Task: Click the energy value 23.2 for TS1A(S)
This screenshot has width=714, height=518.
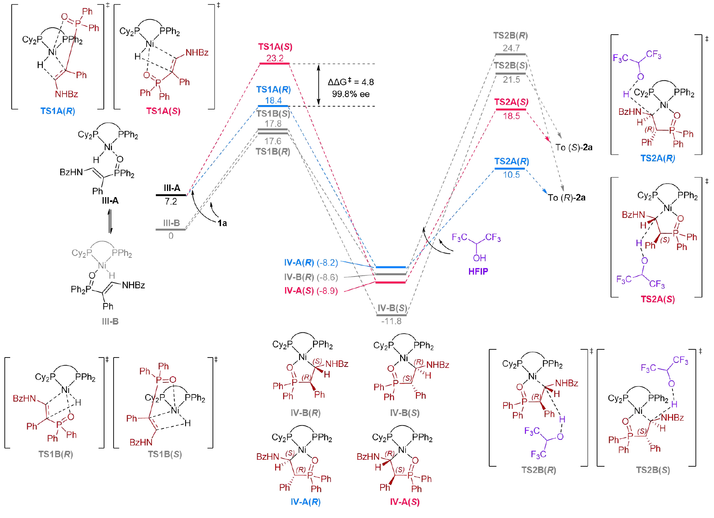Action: (x=275, y=58)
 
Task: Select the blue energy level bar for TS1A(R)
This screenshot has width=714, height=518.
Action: (x=273, y=106)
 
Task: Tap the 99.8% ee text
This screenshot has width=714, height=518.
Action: (x=350, y=94)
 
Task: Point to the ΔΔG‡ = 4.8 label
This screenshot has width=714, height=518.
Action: (x=350, y=82)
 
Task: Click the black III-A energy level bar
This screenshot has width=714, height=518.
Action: (x=171, y=195)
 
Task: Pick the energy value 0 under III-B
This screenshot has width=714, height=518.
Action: (x=171, y=236)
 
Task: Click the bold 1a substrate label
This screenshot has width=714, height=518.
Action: (x=222, y=223)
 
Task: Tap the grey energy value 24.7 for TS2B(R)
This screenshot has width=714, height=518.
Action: (x=511, y=48)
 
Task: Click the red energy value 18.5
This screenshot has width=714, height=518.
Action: (x=511, y=116)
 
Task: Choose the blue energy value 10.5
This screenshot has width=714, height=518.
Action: (x=511, y=175)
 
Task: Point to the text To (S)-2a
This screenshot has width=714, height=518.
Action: (x=574, y=147)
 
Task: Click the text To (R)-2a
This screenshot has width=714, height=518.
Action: (x=567, y=198)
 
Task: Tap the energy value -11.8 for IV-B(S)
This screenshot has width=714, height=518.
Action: (x=391, y=321)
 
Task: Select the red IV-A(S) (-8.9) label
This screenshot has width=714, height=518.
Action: (x=311, y=291)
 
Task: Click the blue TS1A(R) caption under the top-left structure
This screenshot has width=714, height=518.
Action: (x=57, y=111)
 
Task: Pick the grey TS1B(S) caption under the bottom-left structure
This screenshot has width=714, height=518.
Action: (x=164, y=454)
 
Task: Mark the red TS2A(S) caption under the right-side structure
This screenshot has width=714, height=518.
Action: (x=657, y=299)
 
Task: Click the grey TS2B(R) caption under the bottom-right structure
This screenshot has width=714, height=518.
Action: (x=539, y=470)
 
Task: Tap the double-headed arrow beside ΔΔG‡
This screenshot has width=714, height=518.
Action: (x=319, y=85)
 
